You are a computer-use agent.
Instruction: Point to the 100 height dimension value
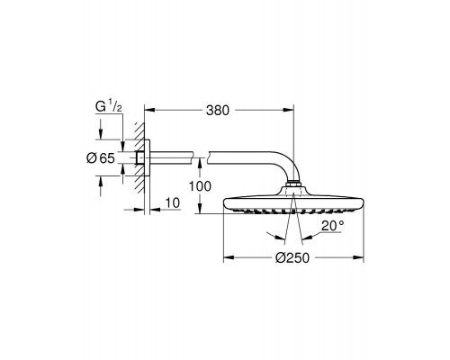click(x=201, y=186)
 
